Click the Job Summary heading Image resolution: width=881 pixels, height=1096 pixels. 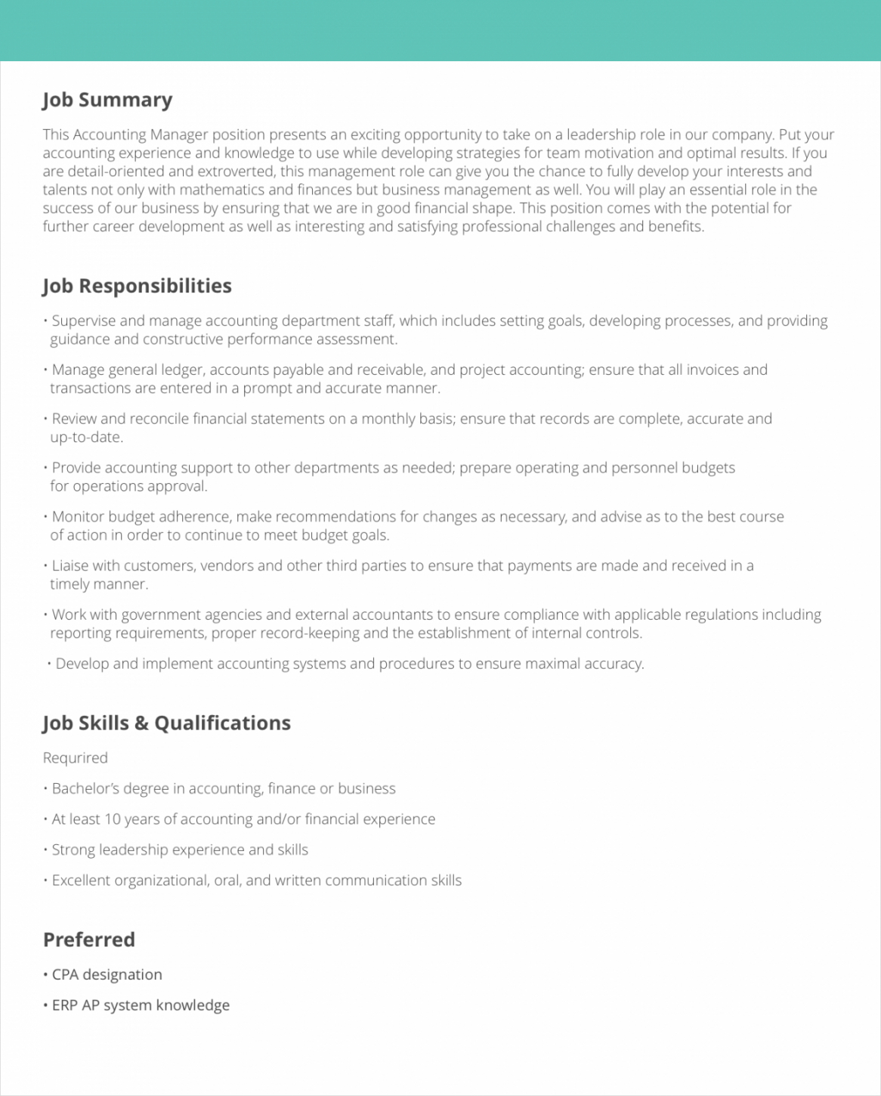pyautogui.click(x=107, y=101)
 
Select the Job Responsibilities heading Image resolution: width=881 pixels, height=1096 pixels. pyautogui.click(x=137, y=286)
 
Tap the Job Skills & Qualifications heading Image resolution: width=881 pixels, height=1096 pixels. pyautogui.click(x=166, y=723)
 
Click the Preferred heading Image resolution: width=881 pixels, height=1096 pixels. pyautogui.click(x=89, y=940)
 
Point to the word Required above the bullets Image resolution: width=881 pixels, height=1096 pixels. pyautogui.click(x=75, y=757)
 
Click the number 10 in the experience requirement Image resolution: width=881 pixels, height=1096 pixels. pyautogui.click(x=112, y=819)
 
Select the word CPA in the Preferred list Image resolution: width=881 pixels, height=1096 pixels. pyautogui.click(x=65, y=975)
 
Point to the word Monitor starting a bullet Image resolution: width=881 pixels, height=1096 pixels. pyautogui.click(x=79, y=517)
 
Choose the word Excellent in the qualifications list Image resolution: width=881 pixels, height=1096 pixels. pyautogui.click(x=81, y=881)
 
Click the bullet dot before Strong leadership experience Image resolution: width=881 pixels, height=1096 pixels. pyautogui.click(x=45, y=850)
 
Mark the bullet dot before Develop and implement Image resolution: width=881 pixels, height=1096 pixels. pyautogui.click(x=49, y=664)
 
